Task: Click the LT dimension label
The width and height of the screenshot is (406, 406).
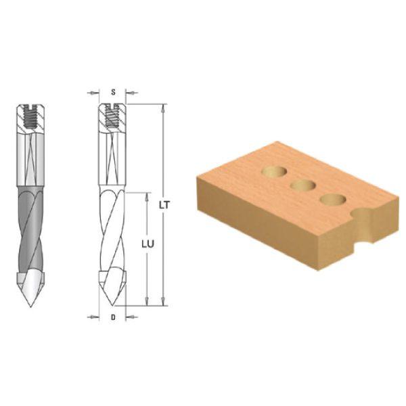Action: tap(164, 205)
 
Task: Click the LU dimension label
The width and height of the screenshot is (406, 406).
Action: tap(148, 244)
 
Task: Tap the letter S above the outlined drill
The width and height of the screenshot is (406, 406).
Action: tap(113, 92)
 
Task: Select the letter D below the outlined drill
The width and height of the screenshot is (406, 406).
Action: tap(113, 317)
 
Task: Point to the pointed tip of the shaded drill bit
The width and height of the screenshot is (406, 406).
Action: tap(30, 307)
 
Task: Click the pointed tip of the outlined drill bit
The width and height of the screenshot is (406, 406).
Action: tap(112, 305)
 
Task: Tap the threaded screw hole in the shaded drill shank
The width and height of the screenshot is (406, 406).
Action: tap(30, 117)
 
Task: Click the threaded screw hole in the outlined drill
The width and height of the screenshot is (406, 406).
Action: tap(112, 116)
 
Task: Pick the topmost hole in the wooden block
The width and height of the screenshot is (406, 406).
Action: tap(275, 172)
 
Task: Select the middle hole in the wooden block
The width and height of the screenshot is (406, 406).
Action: tap(303, 185)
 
